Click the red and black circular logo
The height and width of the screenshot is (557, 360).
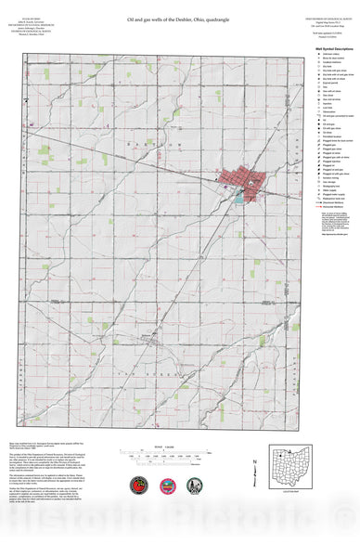click(x=140, y=486)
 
